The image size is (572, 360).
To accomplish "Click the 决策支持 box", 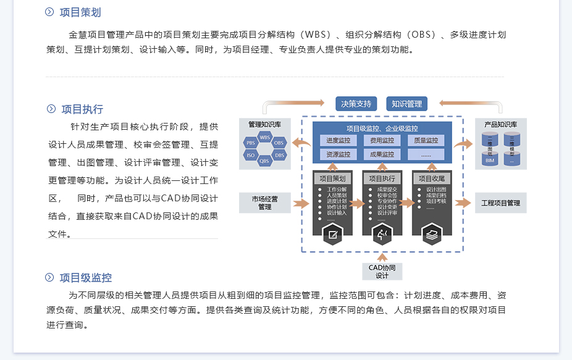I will coord(356,104).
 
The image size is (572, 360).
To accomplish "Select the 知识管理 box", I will coord(406,104).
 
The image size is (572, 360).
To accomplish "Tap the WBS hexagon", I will coord(265,137).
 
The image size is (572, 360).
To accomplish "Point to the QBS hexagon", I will coord(264,161).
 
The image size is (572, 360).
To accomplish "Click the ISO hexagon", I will coord(251,155).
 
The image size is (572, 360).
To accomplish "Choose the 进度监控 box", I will coord(338,141).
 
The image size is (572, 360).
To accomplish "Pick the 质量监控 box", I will coord(426,141).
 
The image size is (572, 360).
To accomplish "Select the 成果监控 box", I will coord(382,154).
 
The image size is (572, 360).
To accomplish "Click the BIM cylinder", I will coord(490,160).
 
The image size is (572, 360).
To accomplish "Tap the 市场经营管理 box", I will coord(264,203).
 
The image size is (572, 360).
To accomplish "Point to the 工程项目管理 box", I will coord(500,203).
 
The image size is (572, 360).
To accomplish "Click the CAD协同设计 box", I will coord(382,271).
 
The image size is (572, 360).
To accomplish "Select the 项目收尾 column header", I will coord(431,178).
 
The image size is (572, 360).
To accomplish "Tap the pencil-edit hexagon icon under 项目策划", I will coord(332,234).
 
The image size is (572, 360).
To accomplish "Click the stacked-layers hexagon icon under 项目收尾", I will coord(431,234).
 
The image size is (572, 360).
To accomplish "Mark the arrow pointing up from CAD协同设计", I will coord(382,256).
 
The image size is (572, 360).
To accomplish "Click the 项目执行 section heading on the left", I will coord(82,109).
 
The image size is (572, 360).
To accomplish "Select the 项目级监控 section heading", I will coord(86,278).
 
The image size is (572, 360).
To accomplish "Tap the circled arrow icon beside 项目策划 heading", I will coord(50,12).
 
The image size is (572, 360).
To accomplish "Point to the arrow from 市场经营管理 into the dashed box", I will coord(301,203).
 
